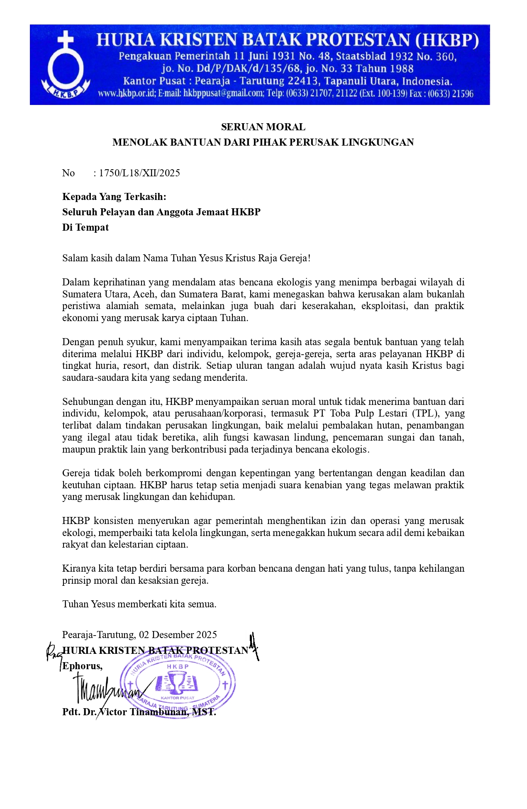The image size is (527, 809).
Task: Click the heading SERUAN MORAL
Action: pos(263,127)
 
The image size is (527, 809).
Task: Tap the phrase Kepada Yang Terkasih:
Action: pos(114,196)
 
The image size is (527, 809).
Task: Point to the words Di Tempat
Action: pos(85,227)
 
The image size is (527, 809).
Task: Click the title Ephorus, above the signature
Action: pos(82,666)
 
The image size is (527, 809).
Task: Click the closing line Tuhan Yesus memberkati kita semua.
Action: pos(139,604)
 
